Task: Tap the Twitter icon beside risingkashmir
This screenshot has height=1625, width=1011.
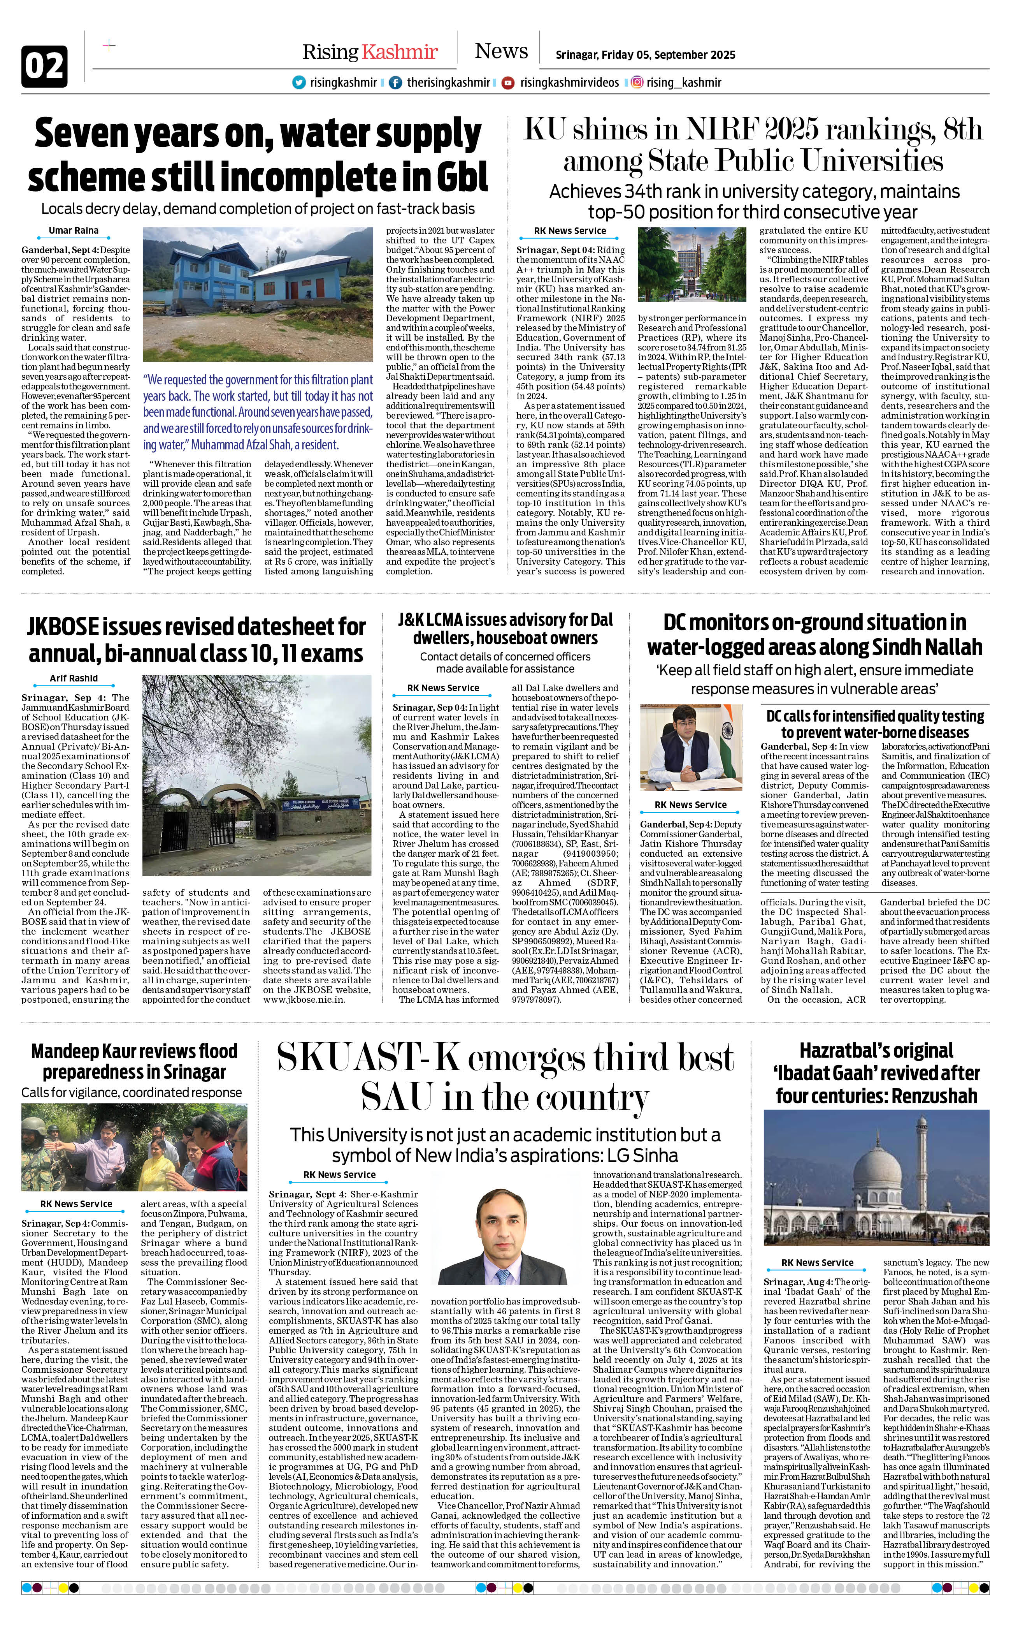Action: click(x=299, y=82)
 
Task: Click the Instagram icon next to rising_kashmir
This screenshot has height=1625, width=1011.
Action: click(x=637, y=82)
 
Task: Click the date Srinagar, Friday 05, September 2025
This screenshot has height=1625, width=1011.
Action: click(x=645, y=55)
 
